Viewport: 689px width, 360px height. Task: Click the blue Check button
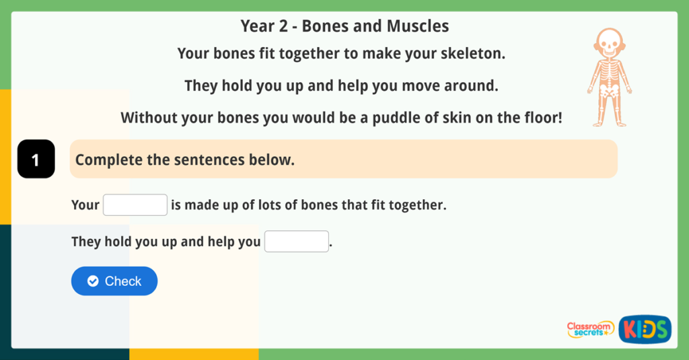(x=114, y=281)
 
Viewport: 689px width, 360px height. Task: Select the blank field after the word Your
(x=135, y=205)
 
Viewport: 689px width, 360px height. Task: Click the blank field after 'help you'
(x=296, y=241)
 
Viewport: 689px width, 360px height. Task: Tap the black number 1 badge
(x=36, y=159)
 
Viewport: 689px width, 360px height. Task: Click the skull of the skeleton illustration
(x=609, y=44)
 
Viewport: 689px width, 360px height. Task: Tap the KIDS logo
(x=645, y=329)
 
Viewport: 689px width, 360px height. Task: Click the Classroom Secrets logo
(x=590, y=329)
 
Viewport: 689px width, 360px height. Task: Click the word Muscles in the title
(x=418, y=26)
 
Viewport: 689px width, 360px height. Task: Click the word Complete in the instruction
(x=109, y=160)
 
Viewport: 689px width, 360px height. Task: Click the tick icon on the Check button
(x=93, y=281)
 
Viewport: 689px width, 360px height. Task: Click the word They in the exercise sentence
(x=86, y=242)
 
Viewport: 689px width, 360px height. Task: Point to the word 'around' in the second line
(x=475, y=86)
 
